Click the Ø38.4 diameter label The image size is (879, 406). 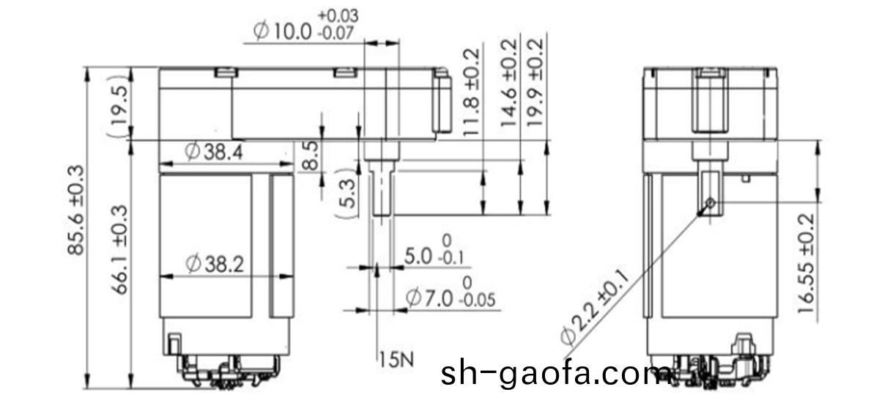tap(215, 152)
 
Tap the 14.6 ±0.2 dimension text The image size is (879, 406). tap(509, 84)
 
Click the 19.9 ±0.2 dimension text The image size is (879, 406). tap(536, 84)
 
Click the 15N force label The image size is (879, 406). tap(396, 359)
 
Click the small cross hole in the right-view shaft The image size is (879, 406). tap(710, 203)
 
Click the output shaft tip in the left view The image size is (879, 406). tap(380, 211)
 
